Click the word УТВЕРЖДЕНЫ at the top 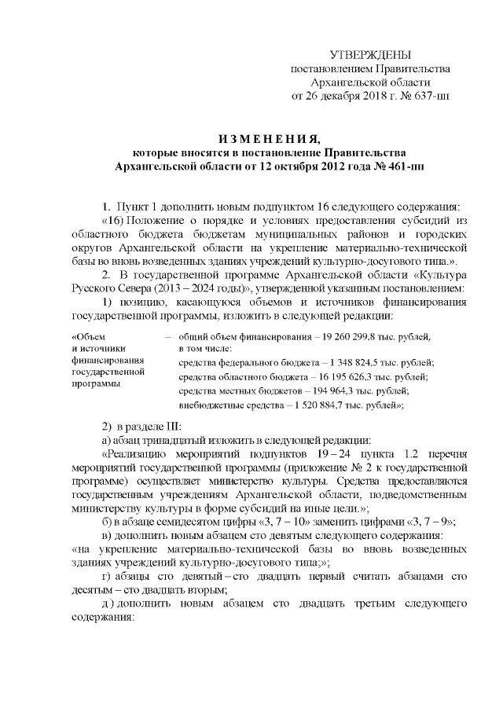[x=370, y=54]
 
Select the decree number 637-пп [x=431, y=97]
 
